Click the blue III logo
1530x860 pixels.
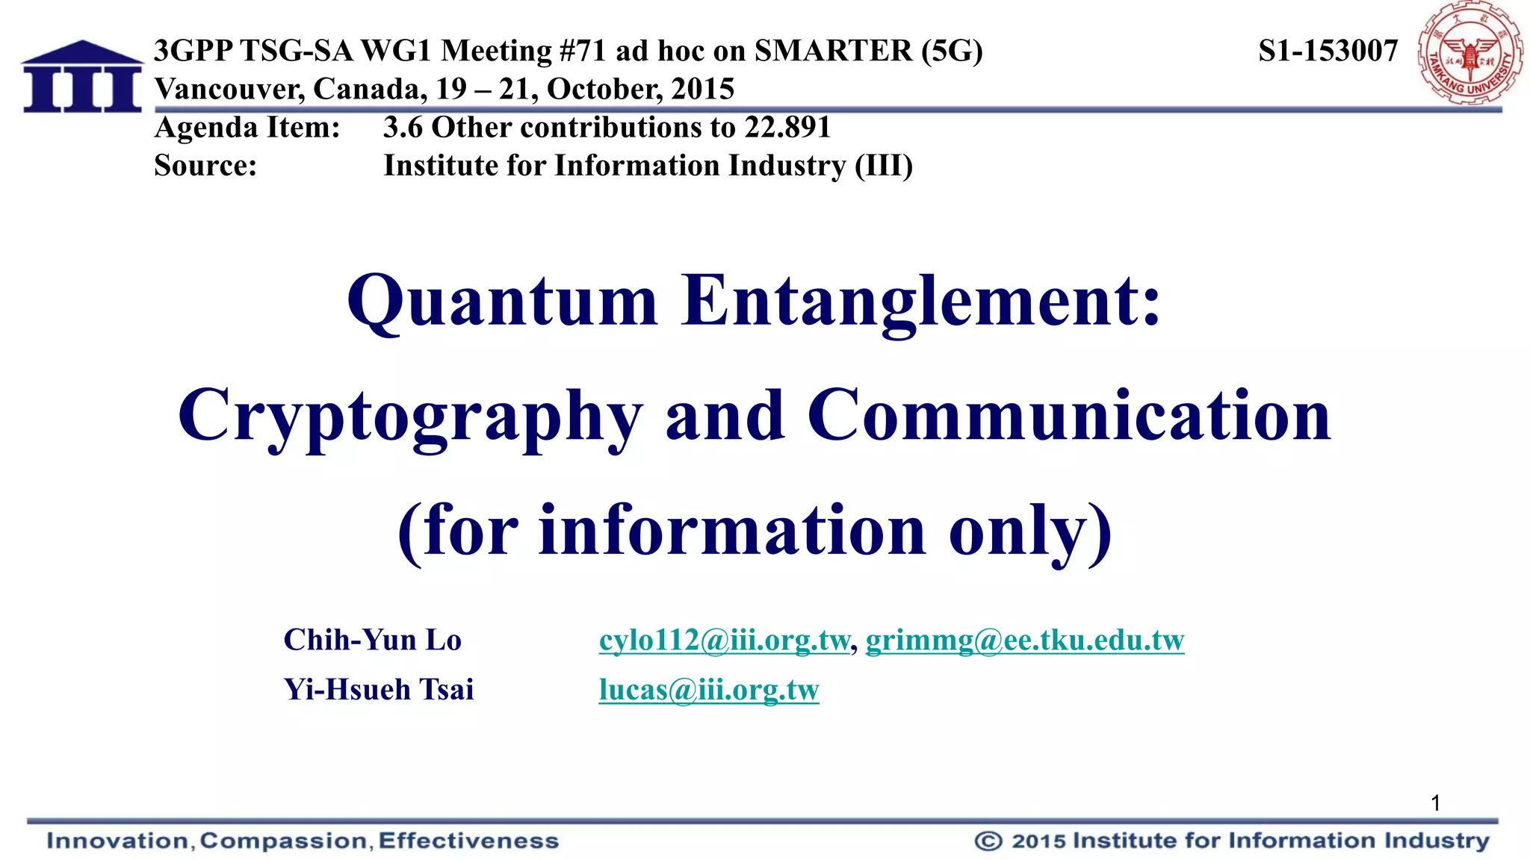click(x=82, y=78)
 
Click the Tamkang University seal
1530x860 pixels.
click(x=1469, y=54)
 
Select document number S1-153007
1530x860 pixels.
click(x=1328, y=51)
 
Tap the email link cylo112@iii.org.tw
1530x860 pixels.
click(x=724, y=641)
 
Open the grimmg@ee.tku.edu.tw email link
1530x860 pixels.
click(x=1024, y=641)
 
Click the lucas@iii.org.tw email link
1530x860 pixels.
click(x=708, y=690)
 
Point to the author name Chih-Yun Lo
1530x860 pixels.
click(x=372, y=641)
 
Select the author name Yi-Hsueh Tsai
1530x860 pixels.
click(x=379, y=690)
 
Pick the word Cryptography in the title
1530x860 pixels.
click(x=409, y=416)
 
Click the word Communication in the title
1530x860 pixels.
click(x=1069, y=416)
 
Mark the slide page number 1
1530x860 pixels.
click(x=1435, y=803)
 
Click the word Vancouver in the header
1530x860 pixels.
click(x=229, y=90)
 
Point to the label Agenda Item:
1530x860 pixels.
click(x=247, y=128)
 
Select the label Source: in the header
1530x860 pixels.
click(x=205, y=166)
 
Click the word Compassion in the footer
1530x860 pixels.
click(x=283, y=841)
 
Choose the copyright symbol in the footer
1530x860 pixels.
click(x=988, y=841)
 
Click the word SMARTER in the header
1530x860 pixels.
click(x=833, y=51)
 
